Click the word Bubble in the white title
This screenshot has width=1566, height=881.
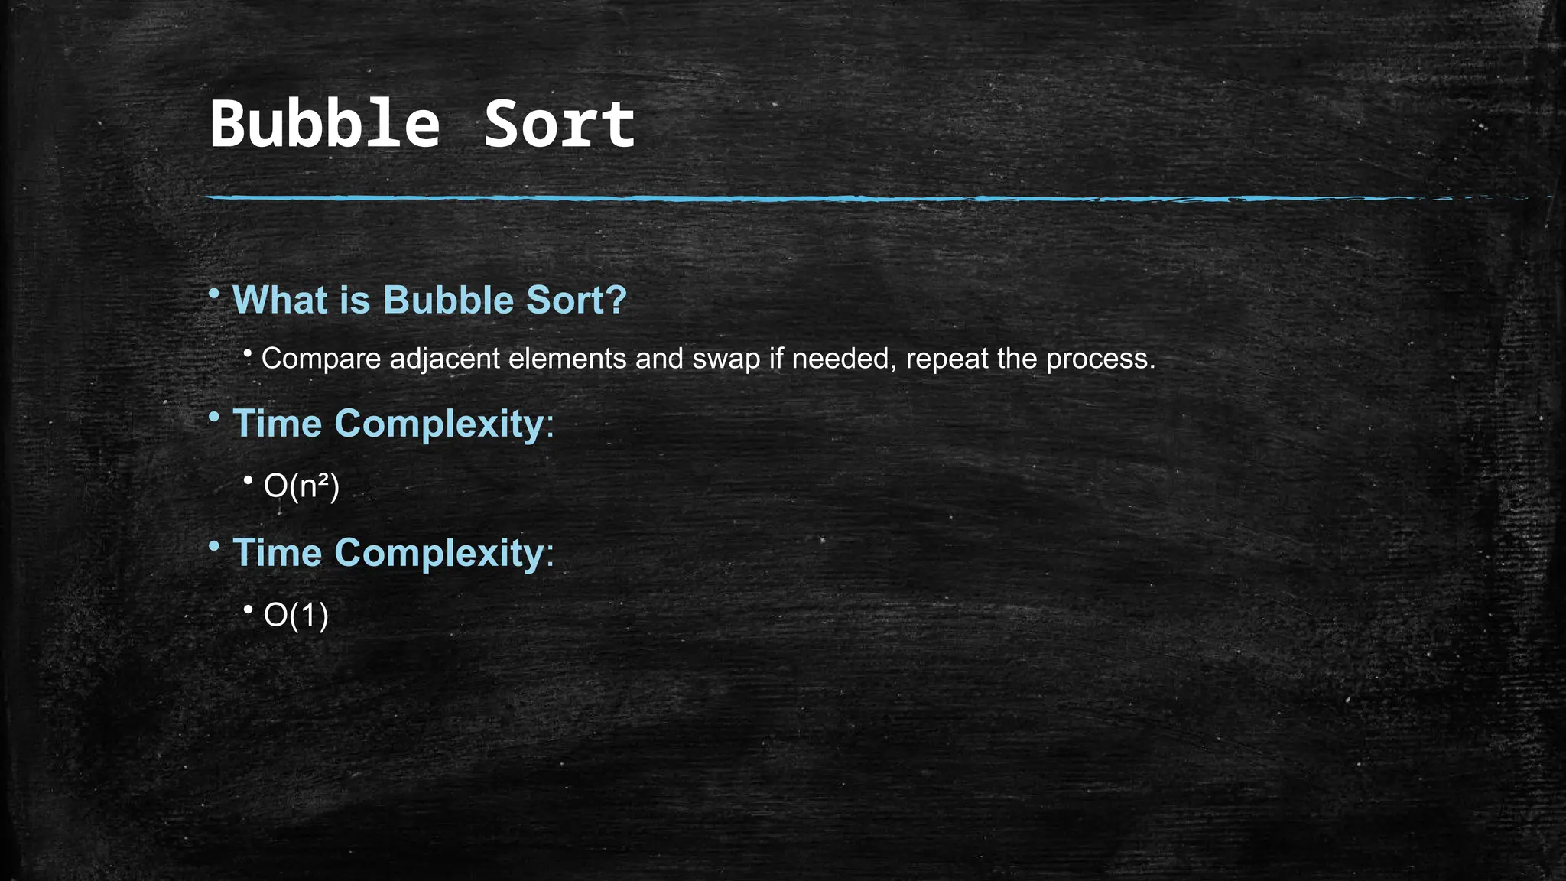coord(325,124)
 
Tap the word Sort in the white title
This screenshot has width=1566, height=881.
coord(560,124)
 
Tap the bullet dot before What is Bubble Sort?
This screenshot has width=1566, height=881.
coord(214,294)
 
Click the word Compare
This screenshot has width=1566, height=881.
coord(321,359)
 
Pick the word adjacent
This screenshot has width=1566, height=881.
coord(444,359)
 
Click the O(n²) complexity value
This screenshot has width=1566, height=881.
coord(301,486)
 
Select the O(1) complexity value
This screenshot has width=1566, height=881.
coord(296,616)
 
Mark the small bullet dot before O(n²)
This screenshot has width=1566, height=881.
coord(248,480)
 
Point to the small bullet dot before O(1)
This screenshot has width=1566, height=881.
coord(248,610)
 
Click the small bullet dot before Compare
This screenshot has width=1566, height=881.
coord(248,353)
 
